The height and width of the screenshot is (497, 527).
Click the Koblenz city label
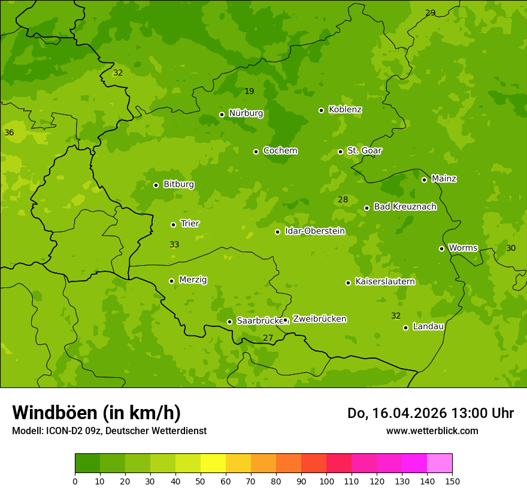(x=345, y=110)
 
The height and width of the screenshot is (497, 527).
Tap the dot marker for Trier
(x=174, y=225)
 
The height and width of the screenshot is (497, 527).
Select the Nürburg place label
(x=246, y=113)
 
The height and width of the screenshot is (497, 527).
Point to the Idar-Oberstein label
(x=314, y=231)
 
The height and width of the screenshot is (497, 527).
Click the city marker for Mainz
(x=424, y=180)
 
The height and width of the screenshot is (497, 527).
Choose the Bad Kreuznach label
(x=405, y=207)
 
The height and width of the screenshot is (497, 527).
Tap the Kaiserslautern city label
(x=384, y=281)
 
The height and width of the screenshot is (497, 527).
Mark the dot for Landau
(x=405, y=328)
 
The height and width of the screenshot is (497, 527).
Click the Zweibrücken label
(x=319, y=319)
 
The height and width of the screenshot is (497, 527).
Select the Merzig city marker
(x=171, y=281)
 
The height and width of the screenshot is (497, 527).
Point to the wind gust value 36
(x=9, y=132)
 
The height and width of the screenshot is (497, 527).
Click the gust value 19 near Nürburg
(x=249, y=92)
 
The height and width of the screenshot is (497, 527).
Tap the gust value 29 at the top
(x=430, y=13)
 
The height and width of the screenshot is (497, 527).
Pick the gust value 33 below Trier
(x=174, y=245)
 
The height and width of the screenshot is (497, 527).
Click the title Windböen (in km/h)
(x=96, y=413)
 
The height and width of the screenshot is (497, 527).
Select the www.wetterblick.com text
(x=432, y=431)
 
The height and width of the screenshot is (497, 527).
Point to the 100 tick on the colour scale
(x=326, y=481)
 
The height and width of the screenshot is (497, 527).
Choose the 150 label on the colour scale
(x=452, y=481)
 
